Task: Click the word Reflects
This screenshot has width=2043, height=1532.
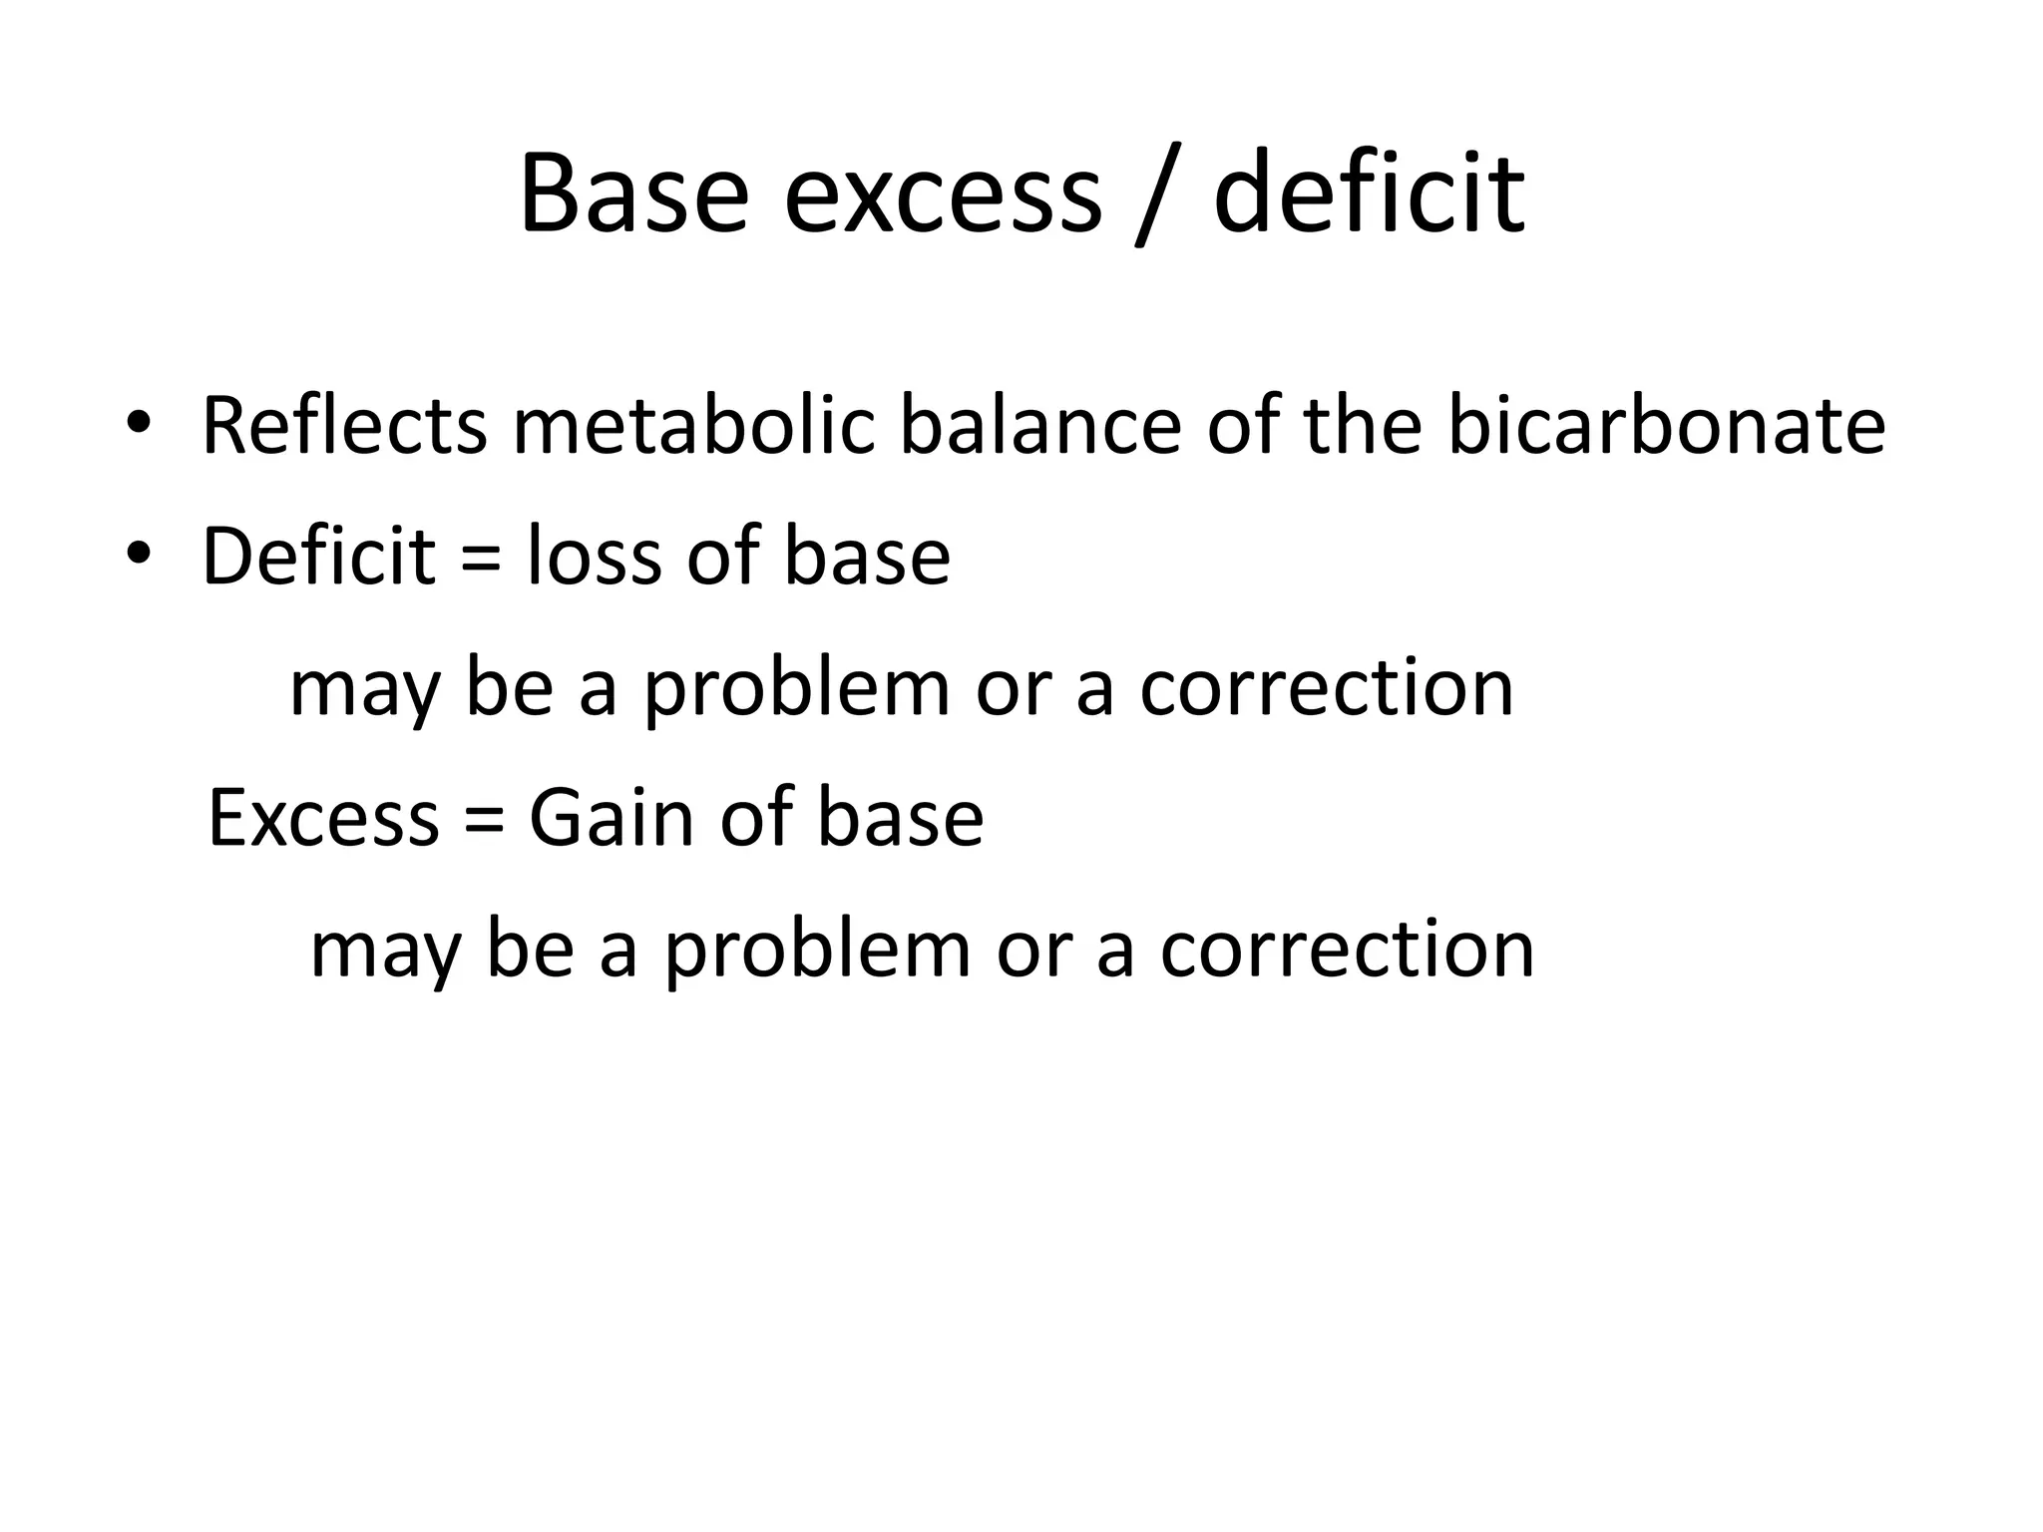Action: click(344, 426)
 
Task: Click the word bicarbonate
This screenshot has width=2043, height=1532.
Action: click(1666, 426)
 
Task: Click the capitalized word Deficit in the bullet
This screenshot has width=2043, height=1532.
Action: click(319, 556)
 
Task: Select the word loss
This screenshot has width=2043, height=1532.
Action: click(593, 556)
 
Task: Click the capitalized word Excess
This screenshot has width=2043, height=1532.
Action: click(323, 818)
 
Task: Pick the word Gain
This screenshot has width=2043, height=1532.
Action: click(611, 818)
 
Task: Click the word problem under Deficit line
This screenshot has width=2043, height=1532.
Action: click(796, 690)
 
